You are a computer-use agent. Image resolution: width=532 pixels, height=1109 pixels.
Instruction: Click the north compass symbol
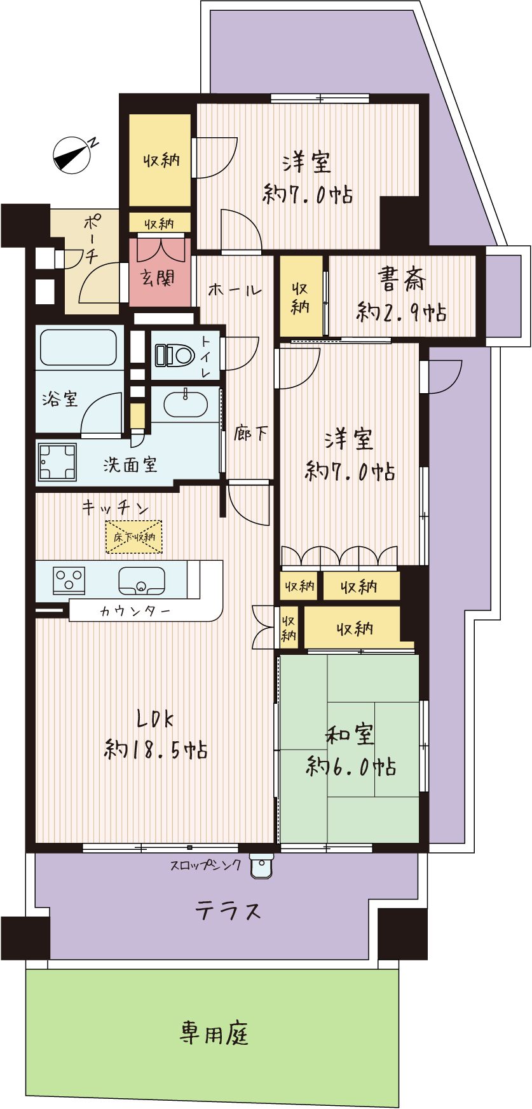coord(73,154)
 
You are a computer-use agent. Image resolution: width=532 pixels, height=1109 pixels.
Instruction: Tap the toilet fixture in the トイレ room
coord(174,355)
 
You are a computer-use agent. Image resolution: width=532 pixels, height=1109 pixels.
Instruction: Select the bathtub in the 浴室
coord(78,348)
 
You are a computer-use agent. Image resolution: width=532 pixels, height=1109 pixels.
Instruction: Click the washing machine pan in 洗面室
coord(57,462)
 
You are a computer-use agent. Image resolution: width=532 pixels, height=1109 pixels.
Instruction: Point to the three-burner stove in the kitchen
coord(69,580)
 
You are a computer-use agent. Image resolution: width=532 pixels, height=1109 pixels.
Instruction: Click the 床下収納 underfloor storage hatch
coord(134,537)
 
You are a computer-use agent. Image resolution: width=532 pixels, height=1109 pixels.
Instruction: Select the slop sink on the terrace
coord(261,865)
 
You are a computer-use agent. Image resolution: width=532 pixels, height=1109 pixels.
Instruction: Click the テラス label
coord(228,911)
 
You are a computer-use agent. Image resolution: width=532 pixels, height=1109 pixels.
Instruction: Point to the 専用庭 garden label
coord(214,1033)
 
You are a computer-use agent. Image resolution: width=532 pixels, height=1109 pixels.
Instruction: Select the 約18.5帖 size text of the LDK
coord(156,750)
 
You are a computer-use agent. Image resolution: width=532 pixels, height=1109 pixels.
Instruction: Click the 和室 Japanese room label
coord(350,735)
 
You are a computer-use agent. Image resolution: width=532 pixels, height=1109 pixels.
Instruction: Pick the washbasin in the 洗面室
coord(186,404)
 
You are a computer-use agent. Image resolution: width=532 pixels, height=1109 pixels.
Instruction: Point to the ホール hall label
coord(235,290)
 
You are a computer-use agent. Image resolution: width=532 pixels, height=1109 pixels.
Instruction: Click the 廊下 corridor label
coord(251,434)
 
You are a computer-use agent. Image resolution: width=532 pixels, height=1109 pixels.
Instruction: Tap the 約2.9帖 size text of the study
coord(402,313)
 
